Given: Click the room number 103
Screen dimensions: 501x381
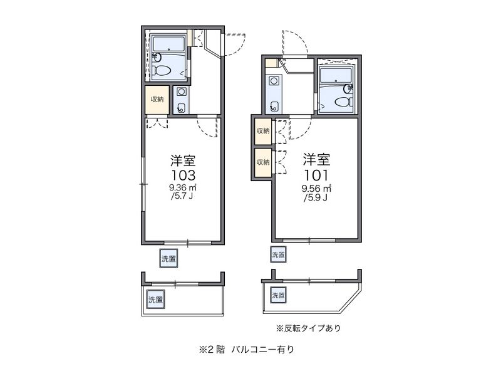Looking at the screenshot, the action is coord(183,175).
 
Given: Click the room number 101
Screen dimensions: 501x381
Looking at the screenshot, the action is coord(316,175).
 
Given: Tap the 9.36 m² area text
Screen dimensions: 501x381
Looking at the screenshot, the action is coord(183,187).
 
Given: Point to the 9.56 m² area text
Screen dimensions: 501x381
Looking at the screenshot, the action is coord(316,189).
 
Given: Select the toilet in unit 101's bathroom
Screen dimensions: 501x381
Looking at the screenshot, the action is coord(344,102).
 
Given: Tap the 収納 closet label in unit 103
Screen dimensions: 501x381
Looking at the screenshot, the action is coord(157,100).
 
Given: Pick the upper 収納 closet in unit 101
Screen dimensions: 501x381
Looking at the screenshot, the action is coord(263,131).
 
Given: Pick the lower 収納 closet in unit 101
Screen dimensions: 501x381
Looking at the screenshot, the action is coord(263,162).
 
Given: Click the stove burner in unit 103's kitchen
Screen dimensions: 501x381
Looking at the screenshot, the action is coord(182,91).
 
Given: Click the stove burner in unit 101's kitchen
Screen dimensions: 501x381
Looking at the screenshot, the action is coord(274,81).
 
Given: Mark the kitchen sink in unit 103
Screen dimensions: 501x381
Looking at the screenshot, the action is coord(181,108).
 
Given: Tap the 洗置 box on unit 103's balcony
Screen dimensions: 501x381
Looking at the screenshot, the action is coord(156,300).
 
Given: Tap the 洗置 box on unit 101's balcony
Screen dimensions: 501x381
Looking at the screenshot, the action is coord(278,295).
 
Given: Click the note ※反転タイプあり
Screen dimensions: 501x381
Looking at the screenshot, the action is coord(308,328).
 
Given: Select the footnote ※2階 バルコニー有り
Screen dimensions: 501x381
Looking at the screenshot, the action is coord(246,350).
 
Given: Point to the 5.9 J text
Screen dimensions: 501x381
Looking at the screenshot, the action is coord(316,198).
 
